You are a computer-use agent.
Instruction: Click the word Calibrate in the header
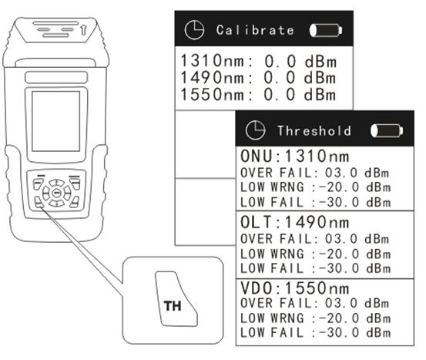[x=255, y=30]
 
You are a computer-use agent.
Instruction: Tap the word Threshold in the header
[x=314, y=131]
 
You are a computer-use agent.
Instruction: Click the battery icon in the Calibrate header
[x=326, y=30]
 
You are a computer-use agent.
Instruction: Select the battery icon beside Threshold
[x=387, y=130]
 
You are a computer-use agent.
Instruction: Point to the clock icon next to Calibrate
[x=194, y=29]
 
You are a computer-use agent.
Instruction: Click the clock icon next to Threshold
[x=255, y=130]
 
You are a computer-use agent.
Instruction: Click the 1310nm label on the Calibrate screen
[x=213, y=61]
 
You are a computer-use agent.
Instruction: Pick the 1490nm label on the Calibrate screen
[x=213, y=78]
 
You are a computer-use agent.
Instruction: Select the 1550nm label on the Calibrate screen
[x=213, y=94]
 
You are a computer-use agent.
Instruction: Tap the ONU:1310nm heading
[x=295, y=156]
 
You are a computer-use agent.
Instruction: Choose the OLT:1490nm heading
[x=295, y=222]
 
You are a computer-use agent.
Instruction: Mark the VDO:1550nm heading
[x=295, y=288]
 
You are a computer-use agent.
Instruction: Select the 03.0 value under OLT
[x=341, y=239]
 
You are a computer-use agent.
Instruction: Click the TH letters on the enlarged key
[x=173, y=306]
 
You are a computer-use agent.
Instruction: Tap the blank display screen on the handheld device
[x=56, y=121]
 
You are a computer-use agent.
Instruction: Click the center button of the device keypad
[x=56, y=193]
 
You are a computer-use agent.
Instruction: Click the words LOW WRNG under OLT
[x=272, y=254]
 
